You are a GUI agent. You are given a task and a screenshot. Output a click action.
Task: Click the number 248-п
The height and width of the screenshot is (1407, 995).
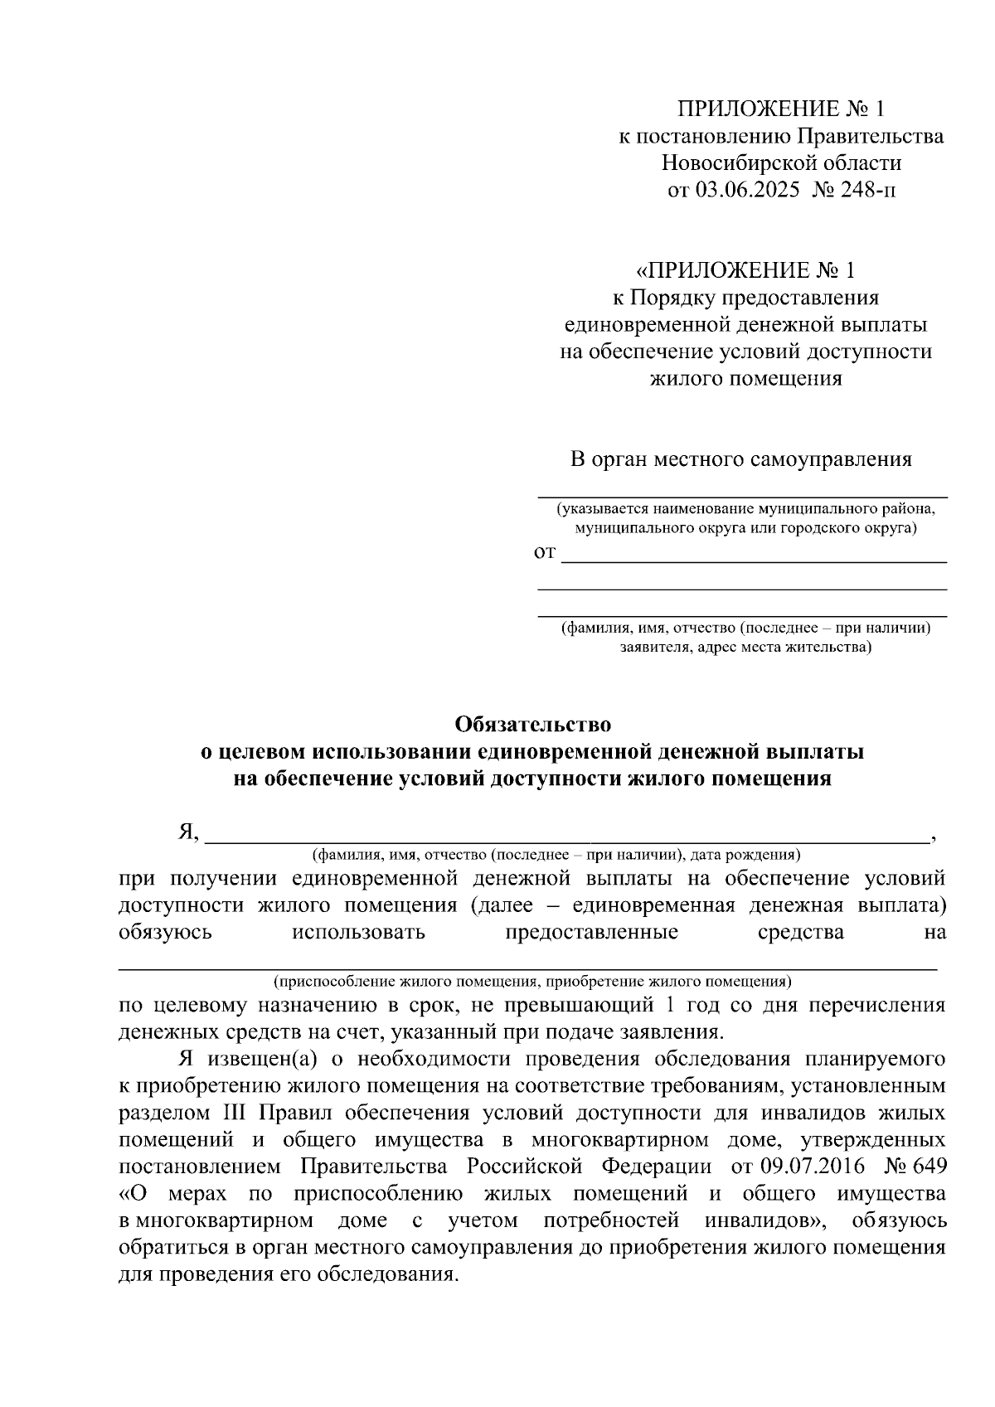click(x=871, y=191)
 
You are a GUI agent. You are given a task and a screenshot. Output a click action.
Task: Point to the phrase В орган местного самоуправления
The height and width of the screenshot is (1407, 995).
click(x=741, y=459)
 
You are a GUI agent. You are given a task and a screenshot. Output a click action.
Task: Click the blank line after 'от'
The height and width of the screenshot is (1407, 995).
click(x=754, y=561)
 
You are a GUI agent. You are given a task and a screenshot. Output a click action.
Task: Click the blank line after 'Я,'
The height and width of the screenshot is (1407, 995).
click(x=567, y=840)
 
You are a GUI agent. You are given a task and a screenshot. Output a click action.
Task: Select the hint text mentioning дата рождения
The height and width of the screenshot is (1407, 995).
click(x=556, y=854)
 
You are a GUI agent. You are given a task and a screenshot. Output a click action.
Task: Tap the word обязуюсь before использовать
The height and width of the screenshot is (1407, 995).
click(x=166, y=932)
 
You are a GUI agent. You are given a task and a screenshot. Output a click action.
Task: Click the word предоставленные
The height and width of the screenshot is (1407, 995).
click(x=591, y=932)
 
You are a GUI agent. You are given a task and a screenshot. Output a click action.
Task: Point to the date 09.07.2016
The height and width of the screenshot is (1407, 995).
click(x=811, y=1167)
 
